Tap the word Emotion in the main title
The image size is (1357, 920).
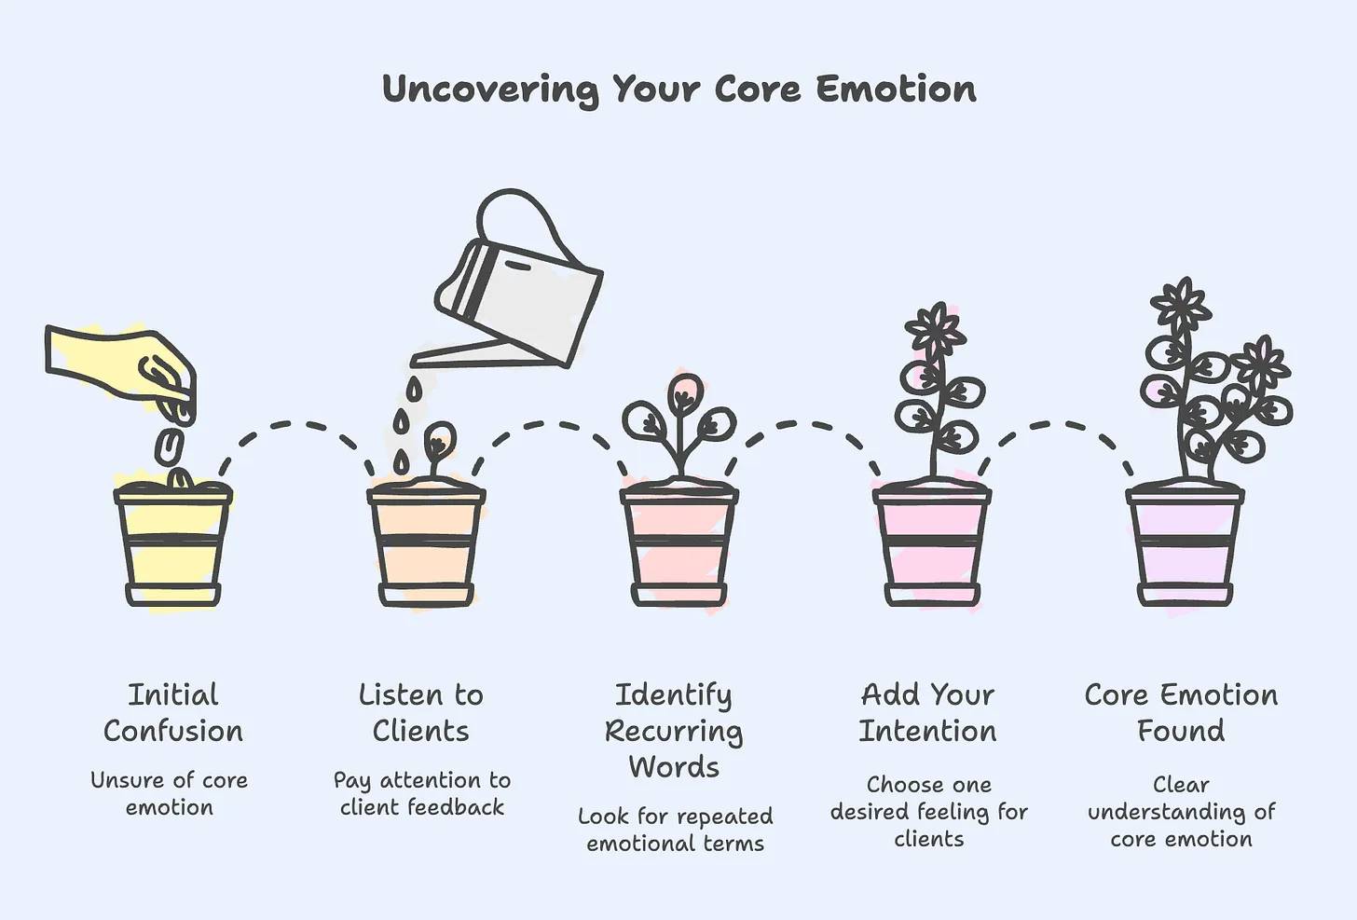click(x=896, y=89)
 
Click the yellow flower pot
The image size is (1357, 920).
click(x=172, y=544)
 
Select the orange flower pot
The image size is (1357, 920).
click(x=426, y=544)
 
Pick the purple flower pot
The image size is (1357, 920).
click(x=1185, y=544)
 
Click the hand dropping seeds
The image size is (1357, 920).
click(x=121, y=370)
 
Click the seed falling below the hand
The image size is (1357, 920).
click(x=171, y=447)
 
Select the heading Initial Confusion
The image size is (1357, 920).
click(x=173, y=713)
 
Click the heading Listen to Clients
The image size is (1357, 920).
click(x=421, y=713)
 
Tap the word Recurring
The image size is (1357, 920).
click(x=674, y=732)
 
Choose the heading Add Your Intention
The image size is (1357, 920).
click(x=927, y=713)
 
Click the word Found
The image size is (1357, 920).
click(x=1181, y=730)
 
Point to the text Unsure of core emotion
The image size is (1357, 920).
click(x=169, y=793)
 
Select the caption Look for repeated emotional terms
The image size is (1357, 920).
click(x=676, y=830)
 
